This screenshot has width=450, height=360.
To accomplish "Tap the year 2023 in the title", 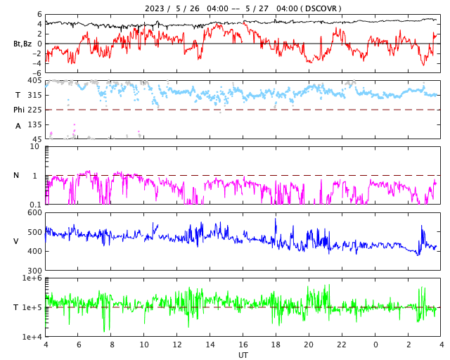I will click(155, 8).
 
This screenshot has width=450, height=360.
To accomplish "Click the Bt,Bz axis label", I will click(22, 44).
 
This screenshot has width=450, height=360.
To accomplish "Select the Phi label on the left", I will click(19, 110).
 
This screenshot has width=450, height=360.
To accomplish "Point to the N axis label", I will click(17, 175).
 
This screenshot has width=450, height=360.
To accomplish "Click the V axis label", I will click(16, 241).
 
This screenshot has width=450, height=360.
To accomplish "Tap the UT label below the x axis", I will click(243, 355).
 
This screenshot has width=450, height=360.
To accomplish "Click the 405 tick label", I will click(34, 81).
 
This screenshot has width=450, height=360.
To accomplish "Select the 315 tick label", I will click(34, 95).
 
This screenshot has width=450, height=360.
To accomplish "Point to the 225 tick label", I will click(34, 110).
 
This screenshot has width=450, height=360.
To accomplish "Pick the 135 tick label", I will click(34, 124).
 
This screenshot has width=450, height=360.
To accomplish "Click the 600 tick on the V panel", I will click(34, 212).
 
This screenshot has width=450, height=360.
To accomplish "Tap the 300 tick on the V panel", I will click(34, 271).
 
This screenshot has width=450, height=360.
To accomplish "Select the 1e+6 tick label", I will click(32, 278).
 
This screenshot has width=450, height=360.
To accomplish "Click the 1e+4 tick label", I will click(32, 337).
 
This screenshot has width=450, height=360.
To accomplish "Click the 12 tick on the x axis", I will click(177, 345).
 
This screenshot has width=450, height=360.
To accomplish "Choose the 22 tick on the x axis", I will click(342, 345).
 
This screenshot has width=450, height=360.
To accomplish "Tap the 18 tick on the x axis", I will click(276, 345).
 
